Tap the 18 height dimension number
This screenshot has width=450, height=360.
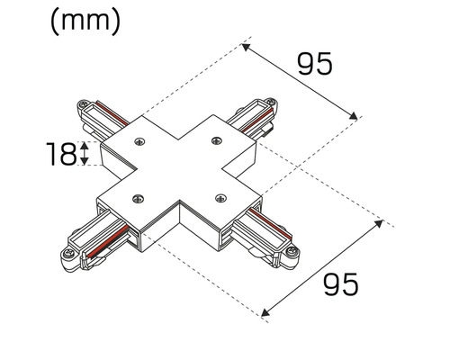coord(60,154)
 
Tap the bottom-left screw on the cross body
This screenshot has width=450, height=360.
coord(136,197)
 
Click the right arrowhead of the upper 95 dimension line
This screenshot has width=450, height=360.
coord(356,116)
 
